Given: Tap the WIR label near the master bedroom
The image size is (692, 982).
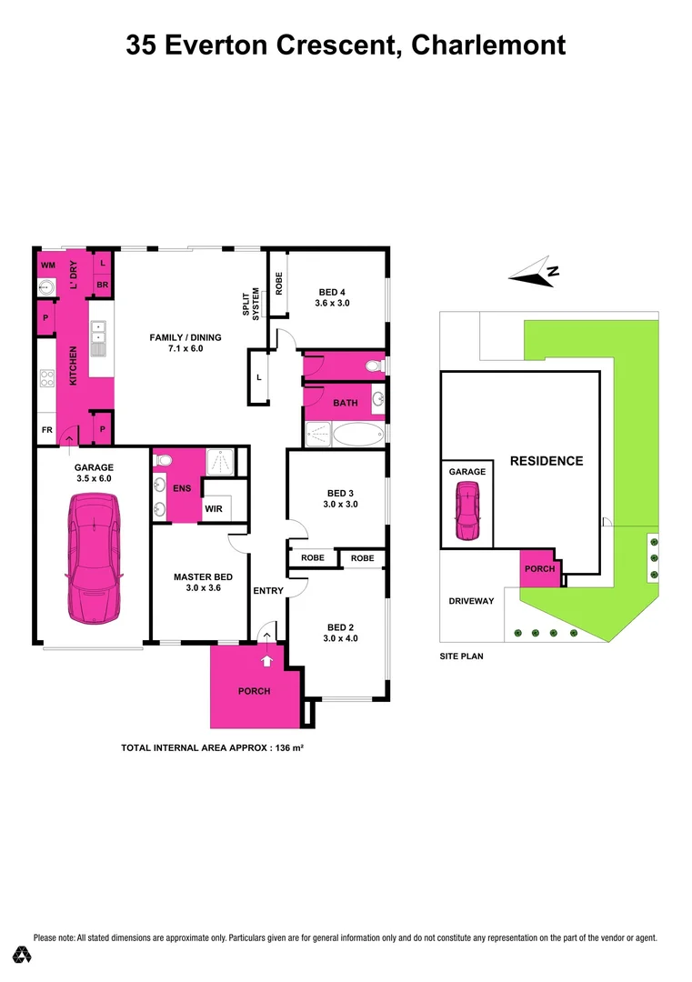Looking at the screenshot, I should tap(214, 508).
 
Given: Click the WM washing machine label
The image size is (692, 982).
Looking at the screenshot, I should tap(48, 265).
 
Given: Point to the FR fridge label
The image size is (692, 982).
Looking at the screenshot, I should tap(45, 428).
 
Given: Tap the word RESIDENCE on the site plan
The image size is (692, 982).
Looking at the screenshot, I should tap(546, 461).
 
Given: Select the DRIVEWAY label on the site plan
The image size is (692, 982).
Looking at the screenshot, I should tap(471, 601).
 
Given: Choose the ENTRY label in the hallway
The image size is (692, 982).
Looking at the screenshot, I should tap(268, 591).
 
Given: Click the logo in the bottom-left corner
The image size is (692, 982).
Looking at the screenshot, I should tap(22, 955).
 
